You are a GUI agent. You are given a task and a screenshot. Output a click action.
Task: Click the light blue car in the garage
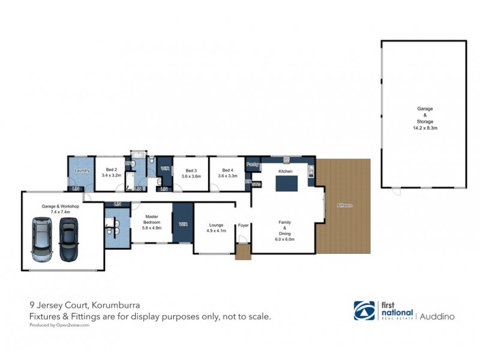pyautogui.click(x=42, y=240)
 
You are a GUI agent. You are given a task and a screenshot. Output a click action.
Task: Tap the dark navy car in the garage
pyautogui.click(x=69, y=240)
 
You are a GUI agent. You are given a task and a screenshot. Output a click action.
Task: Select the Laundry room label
pyautogui.click(x=82, y=171)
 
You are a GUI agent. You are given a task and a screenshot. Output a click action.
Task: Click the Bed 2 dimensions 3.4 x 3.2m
pyautogui.click(x=111, y=176)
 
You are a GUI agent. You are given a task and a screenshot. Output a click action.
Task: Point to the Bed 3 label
pyautogui.click(x=191, y=170)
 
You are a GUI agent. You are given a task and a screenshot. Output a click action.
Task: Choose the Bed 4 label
pyautogui.click(x=227, y=170)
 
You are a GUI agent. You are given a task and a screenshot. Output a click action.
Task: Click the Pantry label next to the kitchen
pyautogui.click(x=252, y=164)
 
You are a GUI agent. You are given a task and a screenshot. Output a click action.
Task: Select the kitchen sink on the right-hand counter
pyautogui.click(x=310, y=174)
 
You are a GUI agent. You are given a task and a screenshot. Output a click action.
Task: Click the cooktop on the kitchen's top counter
pyautogui.click(x=287, y=159)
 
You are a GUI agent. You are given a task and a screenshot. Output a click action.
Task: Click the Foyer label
pyautogui.click(x=243, y=226)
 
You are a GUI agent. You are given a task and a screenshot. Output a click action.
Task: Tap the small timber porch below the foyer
pyautogui.click(x=242, y=253)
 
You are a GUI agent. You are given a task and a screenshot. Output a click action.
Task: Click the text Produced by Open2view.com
pyautogui.click(x=59, y=325)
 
